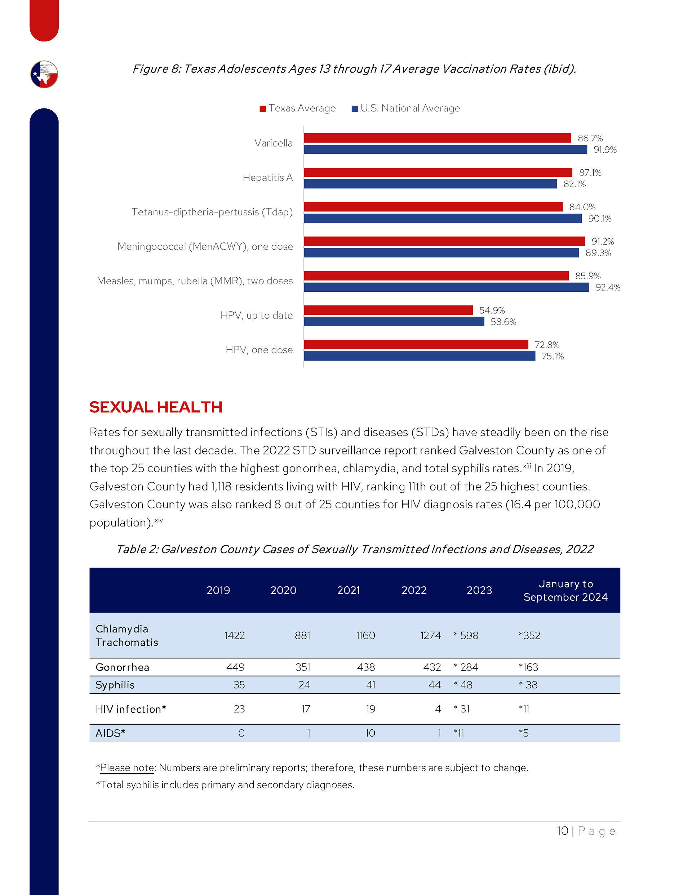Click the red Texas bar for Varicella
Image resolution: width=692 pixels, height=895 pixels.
437,138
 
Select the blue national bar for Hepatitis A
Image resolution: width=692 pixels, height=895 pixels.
430,184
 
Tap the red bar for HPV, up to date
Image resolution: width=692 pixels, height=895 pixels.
388,310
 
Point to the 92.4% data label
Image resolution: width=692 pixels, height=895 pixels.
608,287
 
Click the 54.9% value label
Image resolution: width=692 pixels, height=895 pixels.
492,310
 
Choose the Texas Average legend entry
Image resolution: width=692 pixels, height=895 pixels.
298,108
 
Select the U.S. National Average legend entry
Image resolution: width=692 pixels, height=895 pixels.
406,108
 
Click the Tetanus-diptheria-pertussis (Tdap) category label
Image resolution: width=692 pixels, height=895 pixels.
212,212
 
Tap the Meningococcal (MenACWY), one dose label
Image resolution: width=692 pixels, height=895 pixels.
205,246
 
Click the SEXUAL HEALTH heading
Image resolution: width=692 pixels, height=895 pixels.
156,407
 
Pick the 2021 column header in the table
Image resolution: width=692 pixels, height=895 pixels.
348,590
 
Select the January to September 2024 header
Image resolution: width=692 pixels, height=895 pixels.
565,590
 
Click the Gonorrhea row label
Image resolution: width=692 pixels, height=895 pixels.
122,667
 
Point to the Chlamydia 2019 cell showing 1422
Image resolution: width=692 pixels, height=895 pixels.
234,635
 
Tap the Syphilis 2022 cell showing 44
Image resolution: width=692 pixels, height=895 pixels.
434,685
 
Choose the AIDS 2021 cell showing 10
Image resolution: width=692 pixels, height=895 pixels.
370,733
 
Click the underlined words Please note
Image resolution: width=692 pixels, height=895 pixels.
127,768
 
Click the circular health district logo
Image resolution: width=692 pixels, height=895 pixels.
44,74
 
